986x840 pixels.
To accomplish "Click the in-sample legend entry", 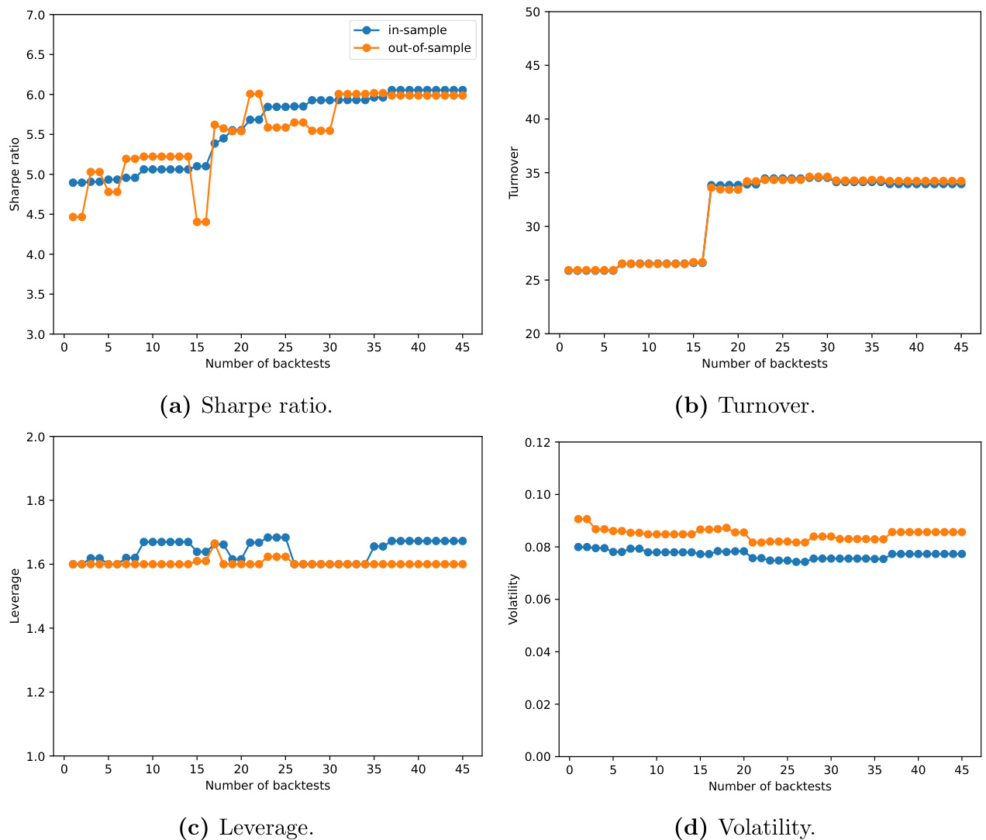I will [x=417, y=30].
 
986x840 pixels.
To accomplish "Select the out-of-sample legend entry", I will [x=429, y=48].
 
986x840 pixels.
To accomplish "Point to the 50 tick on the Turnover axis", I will [x=532, y=12].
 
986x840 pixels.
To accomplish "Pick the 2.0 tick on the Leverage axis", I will [x=37, y=437].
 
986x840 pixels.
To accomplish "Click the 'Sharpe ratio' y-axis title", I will [x=15, y=175].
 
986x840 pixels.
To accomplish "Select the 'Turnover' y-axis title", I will [x=514, y=172].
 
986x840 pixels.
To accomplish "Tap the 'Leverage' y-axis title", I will [x=15, y=596].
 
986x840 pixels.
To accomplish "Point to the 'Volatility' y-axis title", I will [x=513, y=599].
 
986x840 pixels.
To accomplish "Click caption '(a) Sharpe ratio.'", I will [x=246, y=406].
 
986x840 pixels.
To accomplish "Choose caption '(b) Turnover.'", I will [x=745, y=406].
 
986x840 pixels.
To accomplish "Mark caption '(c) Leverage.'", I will [x=246, y=828].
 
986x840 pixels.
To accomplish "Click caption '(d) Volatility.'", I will [x=745, y=828].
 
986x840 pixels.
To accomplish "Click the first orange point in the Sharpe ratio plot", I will [x=73, y=217].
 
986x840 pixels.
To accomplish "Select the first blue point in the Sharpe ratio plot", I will [x=73, y=182].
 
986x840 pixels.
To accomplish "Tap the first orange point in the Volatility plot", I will [x=578, y=519].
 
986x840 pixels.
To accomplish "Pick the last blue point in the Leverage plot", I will [x=463, y=541].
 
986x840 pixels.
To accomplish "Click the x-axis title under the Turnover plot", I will [x=764, y=364].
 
